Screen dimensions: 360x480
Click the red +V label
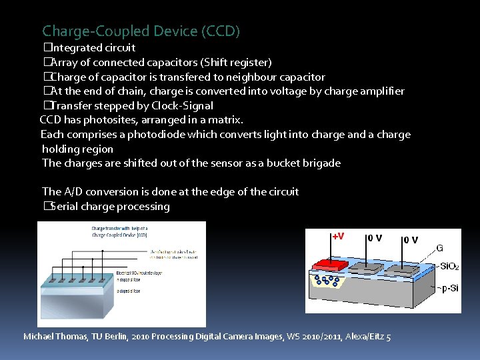[338, 237]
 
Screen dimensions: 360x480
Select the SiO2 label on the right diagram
[447, 267]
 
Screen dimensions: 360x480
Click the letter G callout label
[440, 249]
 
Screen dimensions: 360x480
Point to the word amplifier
[381, 91]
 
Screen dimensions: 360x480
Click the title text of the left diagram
[120, 231]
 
